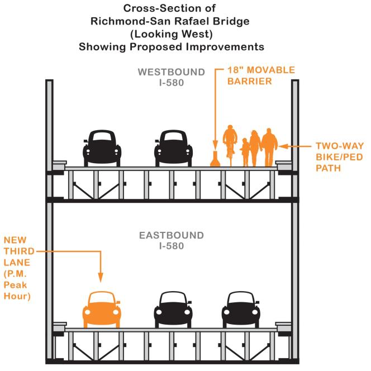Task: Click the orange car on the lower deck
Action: (x=102, y=310)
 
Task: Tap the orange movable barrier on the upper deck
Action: (x=215, y=159)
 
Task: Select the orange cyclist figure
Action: (x=230, y=145)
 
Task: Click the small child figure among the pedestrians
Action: (x=245, y=153)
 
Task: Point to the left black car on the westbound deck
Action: (x=102, y=149)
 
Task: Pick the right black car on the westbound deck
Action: (x=173, y=149)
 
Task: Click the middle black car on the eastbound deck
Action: (x=173, y=310)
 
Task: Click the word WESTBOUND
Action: (x=172, y=72)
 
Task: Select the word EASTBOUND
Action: (x=172, y=235)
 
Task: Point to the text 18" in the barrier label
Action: (x=236, y=70)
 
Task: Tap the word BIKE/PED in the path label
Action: (x=339, y=157)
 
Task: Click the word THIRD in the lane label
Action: (x=19, y=251)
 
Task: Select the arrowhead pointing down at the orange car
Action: (x=101, y=277)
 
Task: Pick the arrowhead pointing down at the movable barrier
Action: (x=215, y=145)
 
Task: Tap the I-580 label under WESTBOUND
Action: (x=172, y=83)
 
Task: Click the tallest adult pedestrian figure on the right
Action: (x=269, y=148)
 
